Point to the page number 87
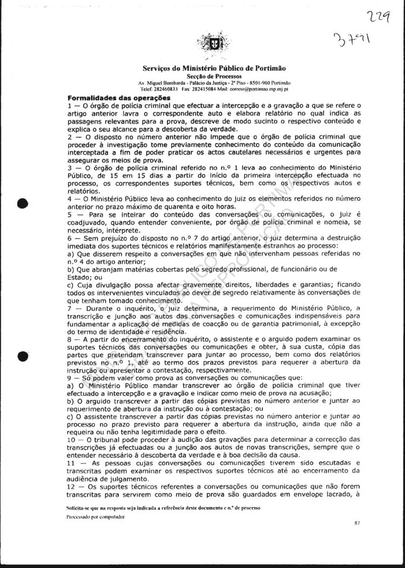357,523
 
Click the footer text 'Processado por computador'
96,516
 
